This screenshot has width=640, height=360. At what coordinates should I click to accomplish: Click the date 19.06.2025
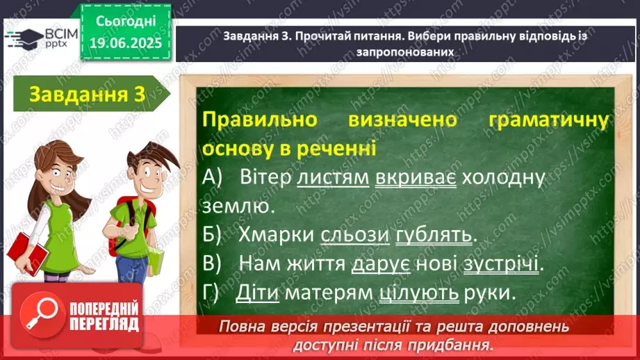(x=126, y=43)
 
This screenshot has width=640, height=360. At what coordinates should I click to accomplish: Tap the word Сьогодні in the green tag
(x=126, y=22)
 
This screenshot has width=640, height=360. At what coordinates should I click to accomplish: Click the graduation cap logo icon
(x=24, y=39)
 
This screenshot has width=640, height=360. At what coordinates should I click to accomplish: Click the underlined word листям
(x=333, y=177)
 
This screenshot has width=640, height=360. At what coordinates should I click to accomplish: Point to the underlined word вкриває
(x=416, y=177)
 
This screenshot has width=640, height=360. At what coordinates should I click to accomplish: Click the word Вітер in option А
(x=265, y=177)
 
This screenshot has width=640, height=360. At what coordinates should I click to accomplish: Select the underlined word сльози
(x=354, y=235)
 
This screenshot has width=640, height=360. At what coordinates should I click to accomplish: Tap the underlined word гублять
(x=434, y=235)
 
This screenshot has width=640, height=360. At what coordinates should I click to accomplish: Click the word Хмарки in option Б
(x=276, y=235)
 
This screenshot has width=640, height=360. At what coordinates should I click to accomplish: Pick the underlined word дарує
(x=380, y=264)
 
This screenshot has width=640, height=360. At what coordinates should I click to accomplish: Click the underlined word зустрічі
(x=501, y=263)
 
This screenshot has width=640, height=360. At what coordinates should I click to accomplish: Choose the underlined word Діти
(x=257, y=293)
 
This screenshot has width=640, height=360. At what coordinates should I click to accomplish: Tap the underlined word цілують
(x=419, y=293)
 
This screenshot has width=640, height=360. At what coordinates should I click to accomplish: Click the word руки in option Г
(x=487, y=293)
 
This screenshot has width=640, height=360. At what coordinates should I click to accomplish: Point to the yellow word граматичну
(x=548, y=120)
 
